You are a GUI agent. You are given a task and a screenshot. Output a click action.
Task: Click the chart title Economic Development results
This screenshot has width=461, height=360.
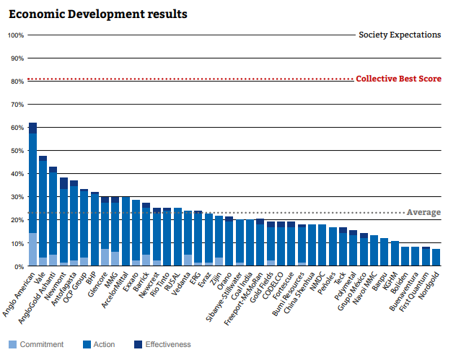[x=98, y=14]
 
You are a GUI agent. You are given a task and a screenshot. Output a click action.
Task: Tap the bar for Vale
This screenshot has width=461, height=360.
[x=43, y=211]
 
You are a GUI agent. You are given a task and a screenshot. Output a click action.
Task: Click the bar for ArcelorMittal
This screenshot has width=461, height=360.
[x=126, y=232]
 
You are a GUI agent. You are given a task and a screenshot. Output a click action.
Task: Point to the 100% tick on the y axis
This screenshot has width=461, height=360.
[x=16, y=35]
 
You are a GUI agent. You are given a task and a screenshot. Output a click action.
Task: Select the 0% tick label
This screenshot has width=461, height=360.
[x=19, y=266]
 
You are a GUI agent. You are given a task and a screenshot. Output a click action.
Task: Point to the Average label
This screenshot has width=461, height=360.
[x=423, y=212]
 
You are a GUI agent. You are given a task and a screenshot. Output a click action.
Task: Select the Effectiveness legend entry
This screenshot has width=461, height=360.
[x=164, y=345]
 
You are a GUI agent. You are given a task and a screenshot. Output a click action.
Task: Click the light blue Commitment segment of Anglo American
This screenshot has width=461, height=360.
[x=32, y=250]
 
